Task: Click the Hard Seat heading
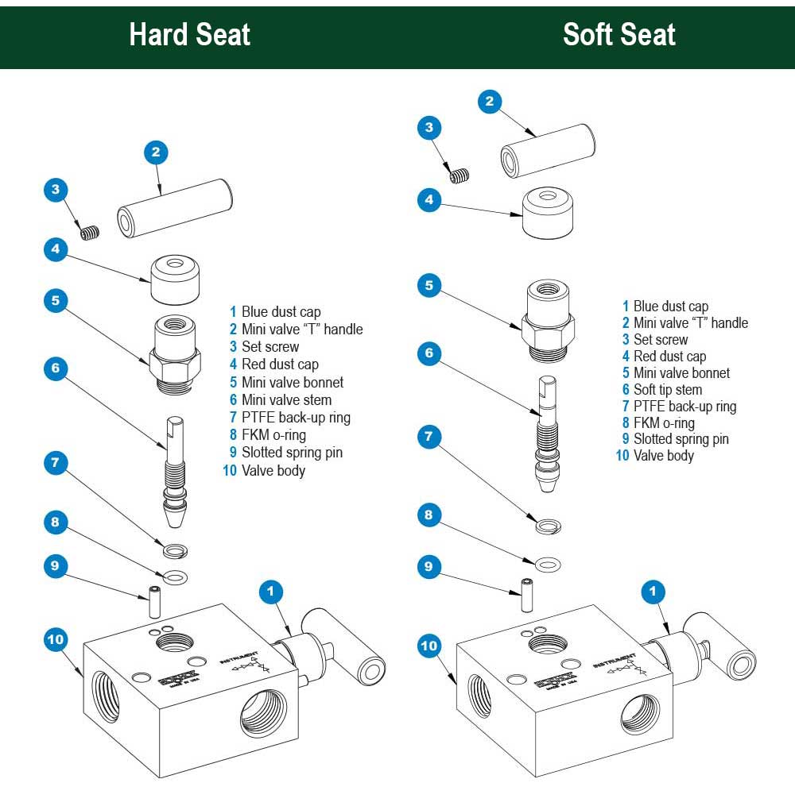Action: [x=189, y=35]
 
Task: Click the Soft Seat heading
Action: [x=619, y=35]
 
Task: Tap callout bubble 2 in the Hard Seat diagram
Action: [x=156, y=152]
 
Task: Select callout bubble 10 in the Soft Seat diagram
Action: [x=429, y=646]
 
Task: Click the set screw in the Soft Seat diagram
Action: [x=460, y=176]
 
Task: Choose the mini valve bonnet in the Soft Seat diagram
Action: [x=547, y=317]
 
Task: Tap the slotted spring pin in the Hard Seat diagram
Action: [x=156, y=603]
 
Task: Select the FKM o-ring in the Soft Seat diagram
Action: [x=547, y=565]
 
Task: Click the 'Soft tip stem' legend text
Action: [x=667, y=390]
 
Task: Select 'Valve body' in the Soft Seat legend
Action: [x=663, y=456]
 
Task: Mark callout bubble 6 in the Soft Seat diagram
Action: [x=429, y=353]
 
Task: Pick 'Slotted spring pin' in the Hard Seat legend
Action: [x=292, y=453]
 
